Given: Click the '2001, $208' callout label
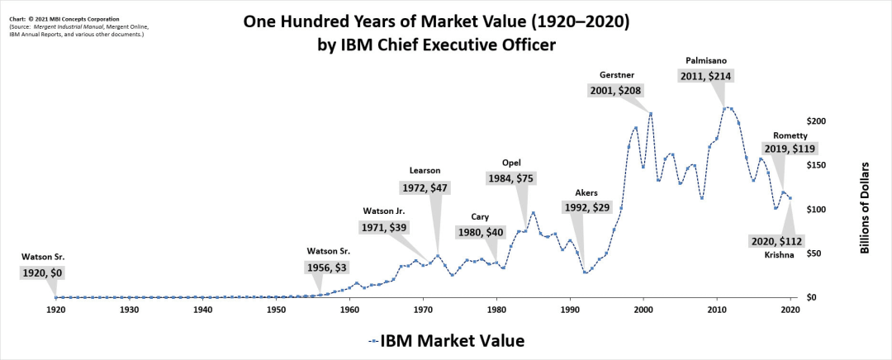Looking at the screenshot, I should pyautogui.click(x=615, y=90).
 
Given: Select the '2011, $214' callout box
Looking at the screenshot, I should pyautogui.click(x=706, y=76).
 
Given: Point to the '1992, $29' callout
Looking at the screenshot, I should pyautogui.click(x=586, y=208).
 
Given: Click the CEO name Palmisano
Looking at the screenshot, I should pyautogui.click(x=706, y=60).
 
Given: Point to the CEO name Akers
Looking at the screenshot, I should pyautogui.click(x=586, y=193).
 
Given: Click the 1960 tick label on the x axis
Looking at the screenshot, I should pyautogui.click(x=349, y=310).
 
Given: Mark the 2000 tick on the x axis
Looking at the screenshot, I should pyautogui.click(x=643, y=310).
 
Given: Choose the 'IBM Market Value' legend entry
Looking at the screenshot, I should pyautogui.click(x=446, y=340).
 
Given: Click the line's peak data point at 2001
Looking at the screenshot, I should pyautogui.click(x=651, y=114).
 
